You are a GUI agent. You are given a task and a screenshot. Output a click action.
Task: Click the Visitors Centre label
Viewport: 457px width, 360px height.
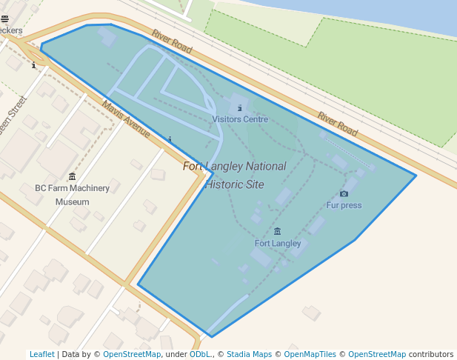(240, 119)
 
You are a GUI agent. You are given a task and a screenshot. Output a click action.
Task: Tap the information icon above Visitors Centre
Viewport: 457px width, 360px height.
(240, 107)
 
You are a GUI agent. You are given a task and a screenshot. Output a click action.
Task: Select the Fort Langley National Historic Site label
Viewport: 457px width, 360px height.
(234, 176)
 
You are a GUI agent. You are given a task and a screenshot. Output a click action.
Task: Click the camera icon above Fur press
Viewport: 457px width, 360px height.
(344, 193)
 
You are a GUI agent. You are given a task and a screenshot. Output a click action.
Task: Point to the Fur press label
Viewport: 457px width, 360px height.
(344, 205)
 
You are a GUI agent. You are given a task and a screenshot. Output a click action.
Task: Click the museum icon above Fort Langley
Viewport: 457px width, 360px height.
(278, 232)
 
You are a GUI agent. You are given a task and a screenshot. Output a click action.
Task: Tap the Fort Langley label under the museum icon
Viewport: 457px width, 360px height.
(278, 243)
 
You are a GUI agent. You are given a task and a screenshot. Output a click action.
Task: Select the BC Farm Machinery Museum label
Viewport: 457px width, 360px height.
(72, 195)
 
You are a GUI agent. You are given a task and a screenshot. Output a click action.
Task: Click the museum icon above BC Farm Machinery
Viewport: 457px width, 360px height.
(72, 176)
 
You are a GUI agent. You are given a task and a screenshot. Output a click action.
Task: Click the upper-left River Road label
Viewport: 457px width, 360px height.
(172, 41)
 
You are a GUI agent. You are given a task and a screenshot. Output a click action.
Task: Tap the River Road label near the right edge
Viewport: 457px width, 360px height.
(338, 124)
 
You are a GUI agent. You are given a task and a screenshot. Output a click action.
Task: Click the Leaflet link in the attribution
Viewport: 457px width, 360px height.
(41, 354)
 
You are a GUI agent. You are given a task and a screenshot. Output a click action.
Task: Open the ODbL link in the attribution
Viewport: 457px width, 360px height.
(199, 354)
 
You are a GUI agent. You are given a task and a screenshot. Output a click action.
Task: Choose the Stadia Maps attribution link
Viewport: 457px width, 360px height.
(249, 354)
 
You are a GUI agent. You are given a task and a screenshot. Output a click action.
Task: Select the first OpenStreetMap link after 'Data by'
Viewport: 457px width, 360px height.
(132, 354)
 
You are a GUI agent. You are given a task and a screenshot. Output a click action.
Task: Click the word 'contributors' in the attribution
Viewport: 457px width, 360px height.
(430, 354)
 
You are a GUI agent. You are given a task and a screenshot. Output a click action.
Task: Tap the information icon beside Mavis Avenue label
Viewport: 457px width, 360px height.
(170, 139)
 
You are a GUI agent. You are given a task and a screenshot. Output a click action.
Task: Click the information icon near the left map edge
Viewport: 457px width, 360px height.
(34, 65)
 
